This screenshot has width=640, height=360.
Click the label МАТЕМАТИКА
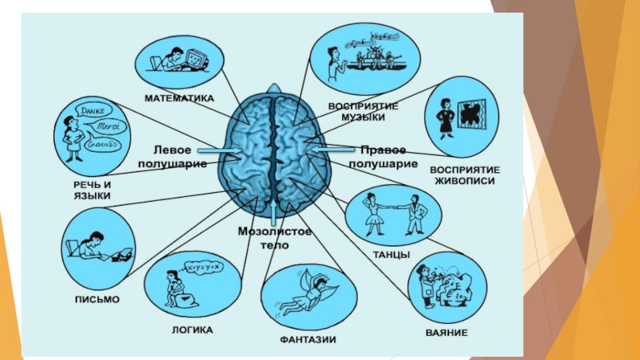179,99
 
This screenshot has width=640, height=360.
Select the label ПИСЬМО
99,298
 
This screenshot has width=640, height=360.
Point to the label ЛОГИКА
192,327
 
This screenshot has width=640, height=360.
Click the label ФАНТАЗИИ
307,339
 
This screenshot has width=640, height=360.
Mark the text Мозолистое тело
274,238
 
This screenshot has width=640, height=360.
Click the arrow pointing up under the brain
274,212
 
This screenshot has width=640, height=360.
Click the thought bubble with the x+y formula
202,265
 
